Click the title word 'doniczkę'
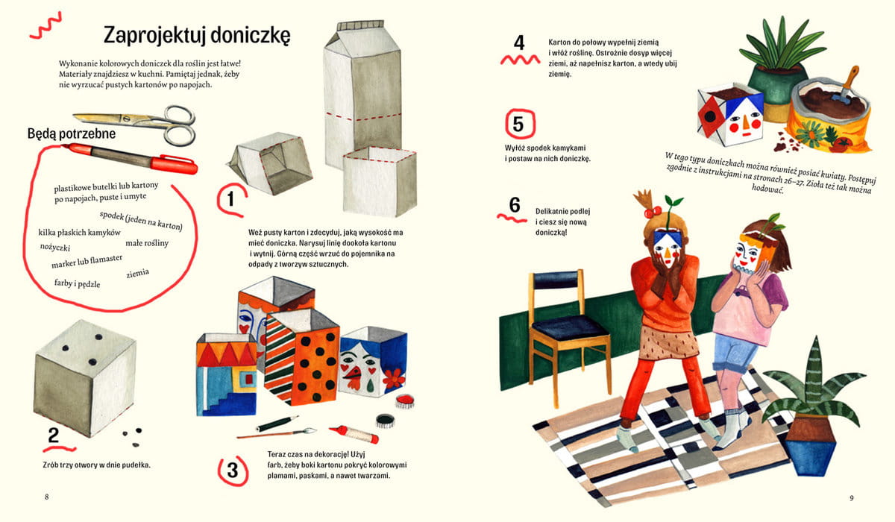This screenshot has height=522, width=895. [x=250, y=36]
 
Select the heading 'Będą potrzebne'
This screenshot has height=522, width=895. [x=72, y=133]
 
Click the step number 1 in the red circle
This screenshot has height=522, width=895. [x=230, y=199]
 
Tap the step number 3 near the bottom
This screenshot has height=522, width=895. [x=233, y=470]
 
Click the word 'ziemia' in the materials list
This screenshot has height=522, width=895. [x=138, y=274]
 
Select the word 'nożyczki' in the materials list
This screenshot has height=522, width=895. [x=55, y=248]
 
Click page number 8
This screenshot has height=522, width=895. [x=47, y=497]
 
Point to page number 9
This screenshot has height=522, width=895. [x=852, y=497]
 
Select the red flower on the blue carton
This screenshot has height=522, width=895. [x=395, y=378]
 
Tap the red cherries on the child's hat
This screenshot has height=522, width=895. [x=654, y=212]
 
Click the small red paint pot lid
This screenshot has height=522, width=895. [x=405, y=400]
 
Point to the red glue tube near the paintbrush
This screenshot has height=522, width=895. [x=355, y=434]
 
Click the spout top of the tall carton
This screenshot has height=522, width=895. [x=360, y=25]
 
